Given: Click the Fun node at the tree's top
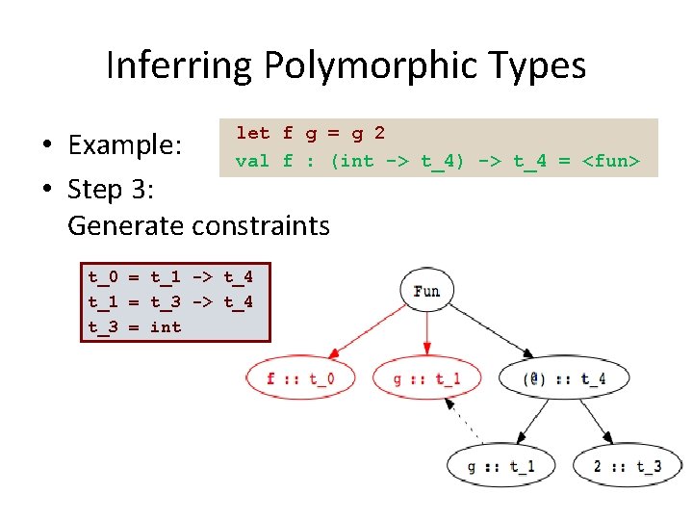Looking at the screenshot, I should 426,290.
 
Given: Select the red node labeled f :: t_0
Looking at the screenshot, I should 299,378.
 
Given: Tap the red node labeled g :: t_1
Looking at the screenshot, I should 426,378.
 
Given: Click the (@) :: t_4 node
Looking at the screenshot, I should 564,378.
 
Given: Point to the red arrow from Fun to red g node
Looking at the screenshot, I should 426,332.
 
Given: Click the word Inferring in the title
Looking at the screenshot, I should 178,65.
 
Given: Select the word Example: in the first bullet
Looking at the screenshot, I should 124,145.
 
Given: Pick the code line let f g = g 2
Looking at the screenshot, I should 310,133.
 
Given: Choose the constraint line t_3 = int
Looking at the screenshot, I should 135,326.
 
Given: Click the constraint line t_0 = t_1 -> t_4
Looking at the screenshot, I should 170,277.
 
